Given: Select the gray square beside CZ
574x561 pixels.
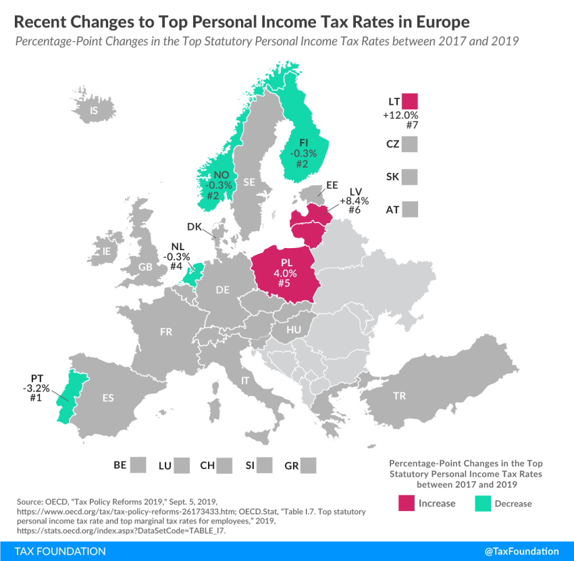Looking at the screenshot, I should (409, 144).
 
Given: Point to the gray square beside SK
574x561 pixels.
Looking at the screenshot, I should (409, 177).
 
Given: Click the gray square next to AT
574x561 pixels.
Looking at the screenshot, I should (409, 210).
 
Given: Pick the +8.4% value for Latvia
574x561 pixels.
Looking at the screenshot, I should (353, 201).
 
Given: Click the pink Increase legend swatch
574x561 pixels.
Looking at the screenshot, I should (407, 503).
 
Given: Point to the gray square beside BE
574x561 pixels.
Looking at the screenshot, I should (138, 465).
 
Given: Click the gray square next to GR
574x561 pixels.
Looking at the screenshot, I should (309, 465).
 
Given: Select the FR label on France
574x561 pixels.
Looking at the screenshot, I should (165, 332).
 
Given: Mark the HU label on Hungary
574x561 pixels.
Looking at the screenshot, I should (293, 330).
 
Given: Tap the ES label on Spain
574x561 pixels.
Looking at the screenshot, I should (108, 397).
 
